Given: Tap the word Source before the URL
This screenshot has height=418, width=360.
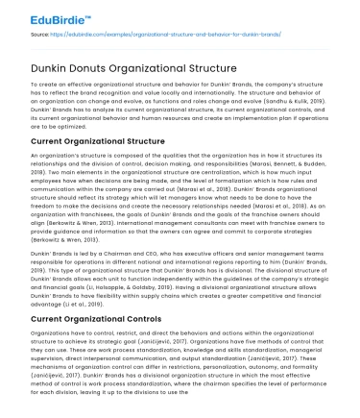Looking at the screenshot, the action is (x=43, y=35).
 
